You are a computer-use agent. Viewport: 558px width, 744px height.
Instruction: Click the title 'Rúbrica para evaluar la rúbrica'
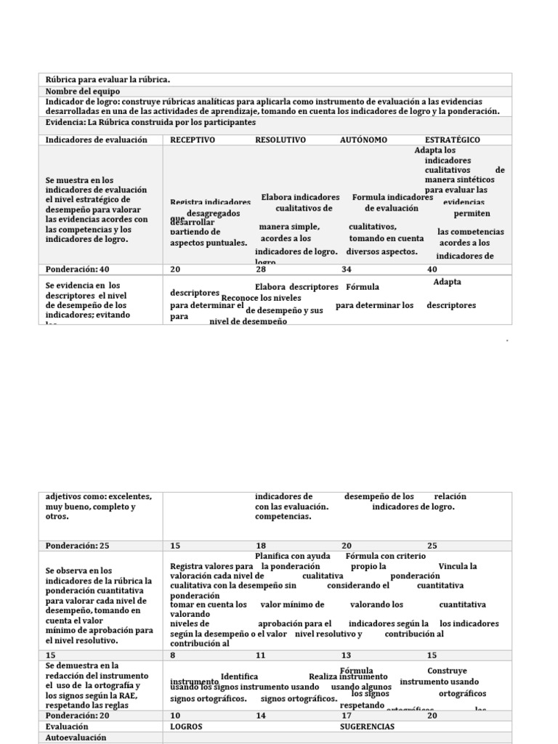pyautogui.click(x=108, y=79)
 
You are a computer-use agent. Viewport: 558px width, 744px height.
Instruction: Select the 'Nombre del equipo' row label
pyautogui.click(x=81, y=91)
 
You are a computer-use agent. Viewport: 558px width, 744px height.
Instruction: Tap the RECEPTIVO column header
pyautogui.click(x=193, y=139)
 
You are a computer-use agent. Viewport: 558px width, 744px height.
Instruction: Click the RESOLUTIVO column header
pyautogui.click(x=280, y=139)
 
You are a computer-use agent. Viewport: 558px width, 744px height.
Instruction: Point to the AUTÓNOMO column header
pyautogui.click(x=363, y=139)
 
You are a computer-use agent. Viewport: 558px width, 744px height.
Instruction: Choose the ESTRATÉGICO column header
pyautogui.click(x=452, y=139)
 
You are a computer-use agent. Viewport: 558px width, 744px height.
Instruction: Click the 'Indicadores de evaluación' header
pyautogui.click(x=96, y=139)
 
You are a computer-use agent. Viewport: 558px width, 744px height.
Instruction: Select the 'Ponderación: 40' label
pyautogui.click(x=77, y=269)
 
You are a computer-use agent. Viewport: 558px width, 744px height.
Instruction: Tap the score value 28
pyautogui.click(x=261, y=269)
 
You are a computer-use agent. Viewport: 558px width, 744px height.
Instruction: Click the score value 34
pyautogui.click(x=347, y=269)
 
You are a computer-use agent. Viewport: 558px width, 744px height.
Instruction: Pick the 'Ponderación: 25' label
pyautogui.click(x=77, y=545)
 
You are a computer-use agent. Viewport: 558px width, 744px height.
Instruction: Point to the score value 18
pyautogui.click(x=261, y=545)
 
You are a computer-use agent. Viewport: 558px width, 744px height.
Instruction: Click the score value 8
pyautogui.click(x=173, y=655)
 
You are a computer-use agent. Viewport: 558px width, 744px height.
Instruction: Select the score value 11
pyautogui.click(x=261, y=655)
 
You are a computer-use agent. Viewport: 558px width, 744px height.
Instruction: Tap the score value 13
pyautogui.click(x=347, y=655)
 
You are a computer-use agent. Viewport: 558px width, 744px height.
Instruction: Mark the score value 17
pyautogui.click(x=347, y=715)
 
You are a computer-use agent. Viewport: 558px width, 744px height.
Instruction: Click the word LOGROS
pyautogui.click(x=186, y=726)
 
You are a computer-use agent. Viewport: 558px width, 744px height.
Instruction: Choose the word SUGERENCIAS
pyautogui.click(x=367, y=726)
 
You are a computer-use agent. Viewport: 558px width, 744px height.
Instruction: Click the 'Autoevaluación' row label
pyautogui.click(x=76, y=737)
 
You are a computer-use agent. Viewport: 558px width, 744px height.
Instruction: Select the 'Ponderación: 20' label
pyautogui.click(x=77, y=715)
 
